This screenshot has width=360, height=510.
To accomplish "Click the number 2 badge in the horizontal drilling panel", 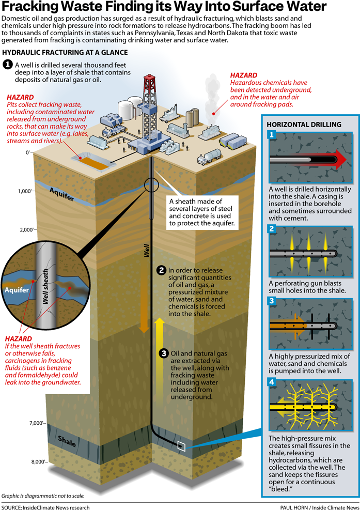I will [x=271, y=229].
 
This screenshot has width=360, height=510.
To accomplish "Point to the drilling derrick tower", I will [x=150, y=106].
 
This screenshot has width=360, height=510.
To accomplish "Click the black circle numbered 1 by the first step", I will [x=8, y=65].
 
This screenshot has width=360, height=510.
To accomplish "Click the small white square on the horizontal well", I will [x=181, y=445].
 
